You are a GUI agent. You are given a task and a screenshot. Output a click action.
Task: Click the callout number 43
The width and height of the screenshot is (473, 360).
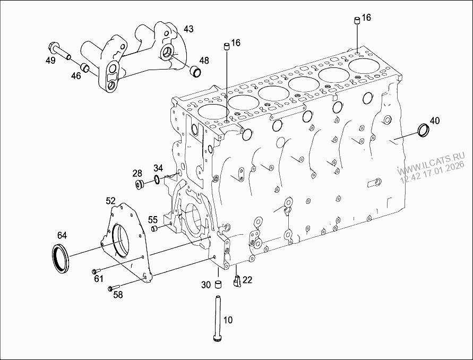point(189,28)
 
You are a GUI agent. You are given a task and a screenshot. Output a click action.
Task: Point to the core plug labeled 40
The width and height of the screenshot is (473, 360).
point(425,130)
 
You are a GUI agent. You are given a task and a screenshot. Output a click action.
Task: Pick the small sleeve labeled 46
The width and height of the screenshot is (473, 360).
point(84,67)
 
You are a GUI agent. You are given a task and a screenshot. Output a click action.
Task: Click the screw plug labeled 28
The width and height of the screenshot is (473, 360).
point(141,184)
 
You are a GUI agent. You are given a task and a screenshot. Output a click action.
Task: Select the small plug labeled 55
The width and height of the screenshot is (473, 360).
point(155,228)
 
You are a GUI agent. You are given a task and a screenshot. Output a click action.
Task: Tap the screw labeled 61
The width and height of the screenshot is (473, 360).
point(96,269)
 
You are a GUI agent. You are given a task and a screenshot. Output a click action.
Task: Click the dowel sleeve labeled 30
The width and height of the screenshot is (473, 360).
point(217,284)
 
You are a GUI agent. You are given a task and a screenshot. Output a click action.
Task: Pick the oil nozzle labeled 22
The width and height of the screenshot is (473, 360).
point(237,280)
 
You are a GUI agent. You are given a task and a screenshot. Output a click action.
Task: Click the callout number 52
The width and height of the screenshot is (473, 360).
point(110,201)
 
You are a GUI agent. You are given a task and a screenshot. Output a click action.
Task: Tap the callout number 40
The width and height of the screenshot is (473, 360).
point(434,121)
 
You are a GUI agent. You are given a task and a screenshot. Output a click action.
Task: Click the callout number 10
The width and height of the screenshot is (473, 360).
point(228,320)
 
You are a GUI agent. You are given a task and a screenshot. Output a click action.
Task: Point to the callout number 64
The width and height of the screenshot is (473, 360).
point(62,235)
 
